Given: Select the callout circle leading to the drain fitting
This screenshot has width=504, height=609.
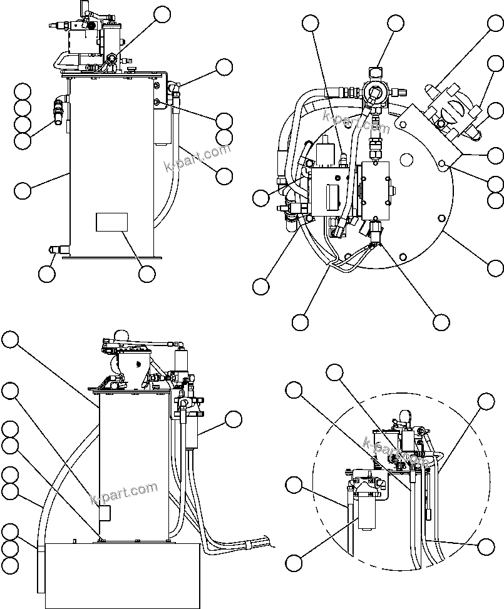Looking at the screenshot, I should (46, 274).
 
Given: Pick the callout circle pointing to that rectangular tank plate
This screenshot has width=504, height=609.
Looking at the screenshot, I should (147, 274).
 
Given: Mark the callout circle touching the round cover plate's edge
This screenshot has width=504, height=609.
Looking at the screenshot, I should (495, 267).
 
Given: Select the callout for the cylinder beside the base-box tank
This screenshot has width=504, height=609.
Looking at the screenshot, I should (234, 419).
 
